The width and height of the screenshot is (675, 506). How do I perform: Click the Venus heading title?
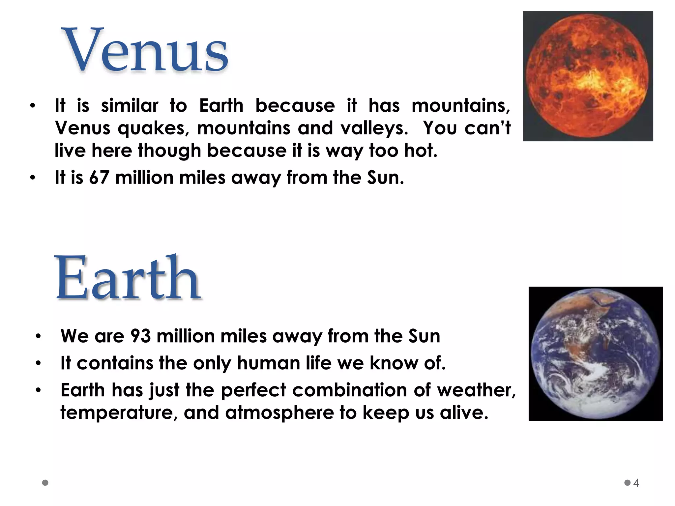point(145,50)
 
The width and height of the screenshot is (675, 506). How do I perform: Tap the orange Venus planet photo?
point(588,76)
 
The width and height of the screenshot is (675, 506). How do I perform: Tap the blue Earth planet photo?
point(595,353)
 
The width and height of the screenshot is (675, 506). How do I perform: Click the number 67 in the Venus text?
point(99,178)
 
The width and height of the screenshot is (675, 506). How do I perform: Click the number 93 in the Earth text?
point(140,336)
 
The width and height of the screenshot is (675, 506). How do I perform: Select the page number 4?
point(636,483)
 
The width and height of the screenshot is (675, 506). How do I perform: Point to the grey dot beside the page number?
point(627,483)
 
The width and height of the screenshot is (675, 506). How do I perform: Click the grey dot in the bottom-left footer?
point(45,483)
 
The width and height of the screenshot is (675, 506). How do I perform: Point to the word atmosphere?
point(279,413)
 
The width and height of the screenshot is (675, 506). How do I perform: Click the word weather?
point(476,390)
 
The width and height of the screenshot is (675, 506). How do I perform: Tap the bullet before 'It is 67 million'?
point(32,178)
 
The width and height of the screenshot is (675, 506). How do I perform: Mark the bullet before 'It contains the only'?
point(38,363)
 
